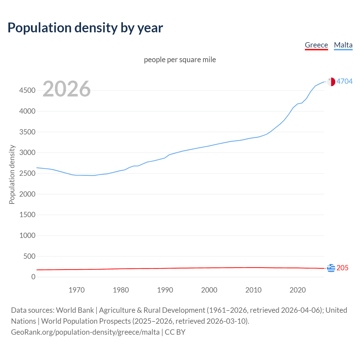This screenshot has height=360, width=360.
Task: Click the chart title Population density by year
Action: pyautogui.click(x=85, y=28)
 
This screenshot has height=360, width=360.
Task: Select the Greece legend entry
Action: pyautogui.click(x=316, y=45)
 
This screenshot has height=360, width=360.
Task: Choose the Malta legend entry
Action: pyautogui.click(x=343, y=45)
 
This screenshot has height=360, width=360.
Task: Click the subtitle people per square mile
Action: pyautogui.click(x=180, y=60)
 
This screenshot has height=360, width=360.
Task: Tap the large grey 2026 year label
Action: pyautogui.click(x=67, y=89)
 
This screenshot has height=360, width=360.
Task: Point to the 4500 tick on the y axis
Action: pyautogui.click(x=27, y=91)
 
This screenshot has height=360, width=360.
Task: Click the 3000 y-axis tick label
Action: pyautogui.click(x=27, y=153)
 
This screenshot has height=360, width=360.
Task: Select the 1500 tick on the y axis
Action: pyautogui.click(x=27, y=215)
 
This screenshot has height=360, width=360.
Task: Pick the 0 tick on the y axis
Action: pyautogui.click(x=33, y=277)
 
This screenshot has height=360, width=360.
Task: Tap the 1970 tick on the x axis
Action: pyautogui.click(x=76, y=290)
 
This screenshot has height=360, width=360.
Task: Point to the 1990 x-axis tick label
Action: pyautogui.click(x=165, y=290)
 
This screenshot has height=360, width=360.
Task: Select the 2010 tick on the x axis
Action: pyautogui.click(x=253, y=290)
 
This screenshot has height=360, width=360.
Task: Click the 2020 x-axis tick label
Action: pyautogui.click(x=298, y=290)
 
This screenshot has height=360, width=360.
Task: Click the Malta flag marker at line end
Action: pyautogui.click(x=331, y=82)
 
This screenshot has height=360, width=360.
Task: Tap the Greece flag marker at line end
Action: pyautogui.click(x=331, y=268)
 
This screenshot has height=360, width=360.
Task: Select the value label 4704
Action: pyautogui.click(x=345, y=81)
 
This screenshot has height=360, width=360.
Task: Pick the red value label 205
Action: pyautogui.click(x=342, y=268)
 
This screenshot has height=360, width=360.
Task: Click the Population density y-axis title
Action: pyautogui.click(x=12, y=174)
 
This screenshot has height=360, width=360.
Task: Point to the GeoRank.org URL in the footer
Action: pyautogui.click(x=85, y=332)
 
